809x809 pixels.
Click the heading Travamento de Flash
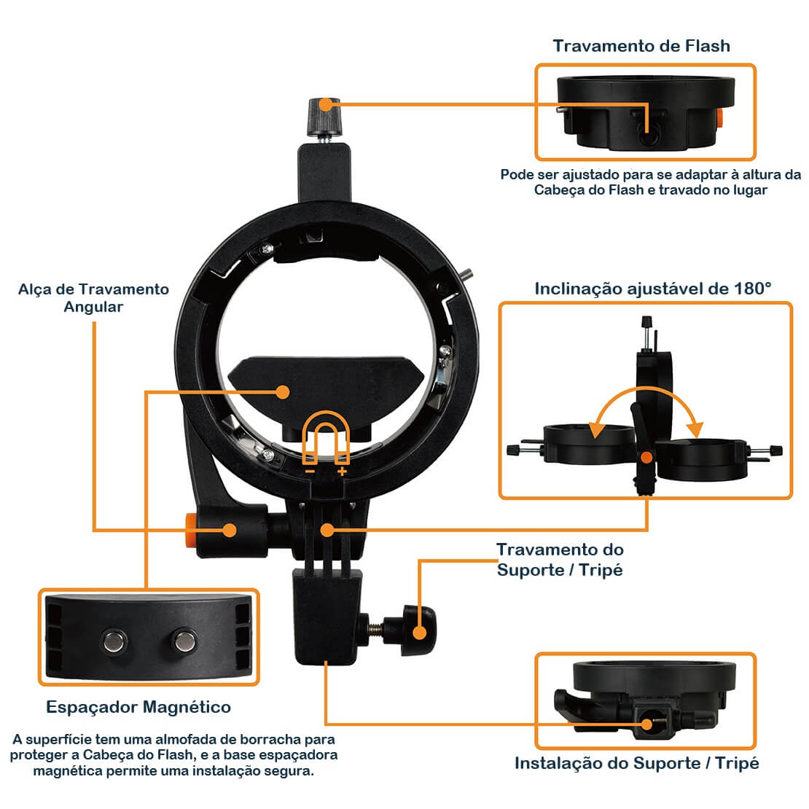pyautogui.click(x=641, y=46)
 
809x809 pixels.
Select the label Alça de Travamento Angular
pyautogui.click(x=93, y=297)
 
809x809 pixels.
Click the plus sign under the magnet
pyautogui.click(x=342, y=472)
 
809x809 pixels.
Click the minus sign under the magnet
pyautogui.click(x=310, y=472)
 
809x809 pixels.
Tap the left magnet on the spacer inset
pyautogui.click(x=112, y=641)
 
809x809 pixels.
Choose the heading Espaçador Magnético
pyautogui.click(x=138, y=706)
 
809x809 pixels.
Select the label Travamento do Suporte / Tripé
pyautogui.click(x=560, y=559)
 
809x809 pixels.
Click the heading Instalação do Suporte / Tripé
pyautogui.click(x=636, y=763)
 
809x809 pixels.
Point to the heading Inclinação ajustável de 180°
pyautogui.click(x=652, y=288)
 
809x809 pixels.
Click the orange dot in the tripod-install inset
pyautogui.click(x=646, y=724)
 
